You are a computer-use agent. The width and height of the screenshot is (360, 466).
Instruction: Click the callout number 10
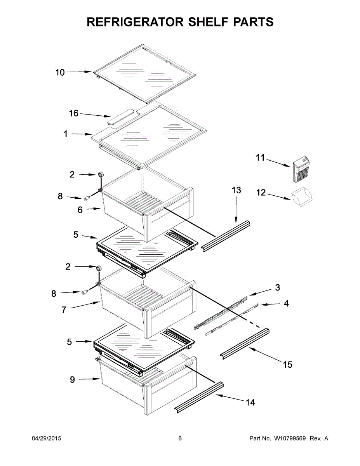(60, 72)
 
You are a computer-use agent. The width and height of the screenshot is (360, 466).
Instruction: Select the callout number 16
(73, 113)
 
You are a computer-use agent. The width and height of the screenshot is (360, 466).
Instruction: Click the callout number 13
(236, 190)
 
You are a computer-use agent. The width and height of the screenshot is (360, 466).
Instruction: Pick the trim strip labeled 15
(245, 342)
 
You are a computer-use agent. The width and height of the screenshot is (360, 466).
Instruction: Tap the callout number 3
(277, 288)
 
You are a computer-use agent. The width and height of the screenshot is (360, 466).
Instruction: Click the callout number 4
(286, 304)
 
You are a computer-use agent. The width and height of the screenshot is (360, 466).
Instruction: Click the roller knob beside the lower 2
(98, 268)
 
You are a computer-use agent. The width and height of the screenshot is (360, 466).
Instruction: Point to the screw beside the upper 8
(87, 197)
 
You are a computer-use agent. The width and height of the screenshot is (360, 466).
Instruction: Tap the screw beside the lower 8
(85, 292)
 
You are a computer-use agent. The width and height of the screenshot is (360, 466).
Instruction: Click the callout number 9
(72, 380)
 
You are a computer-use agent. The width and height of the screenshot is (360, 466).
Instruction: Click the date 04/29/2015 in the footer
(46, 438)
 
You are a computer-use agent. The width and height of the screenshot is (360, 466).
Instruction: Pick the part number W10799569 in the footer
(289, 438)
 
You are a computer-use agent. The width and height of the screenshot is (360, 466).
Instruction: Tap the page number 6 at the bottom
(180, 438)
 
